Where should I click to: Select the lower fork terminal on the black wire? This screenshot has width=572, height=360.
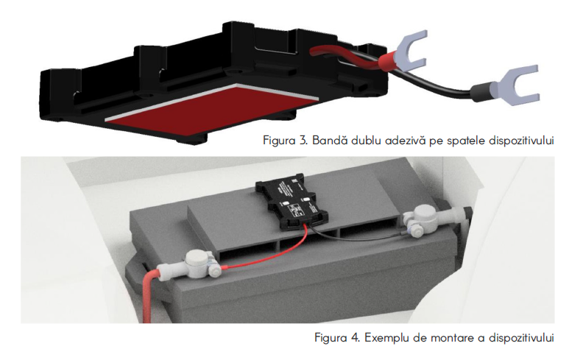pos(512,92)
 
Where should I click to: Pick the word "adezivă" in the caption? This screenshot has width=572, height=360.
pos(400,140)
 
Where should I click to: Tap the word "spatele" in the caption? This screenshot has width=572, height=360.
pos(462,140)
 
